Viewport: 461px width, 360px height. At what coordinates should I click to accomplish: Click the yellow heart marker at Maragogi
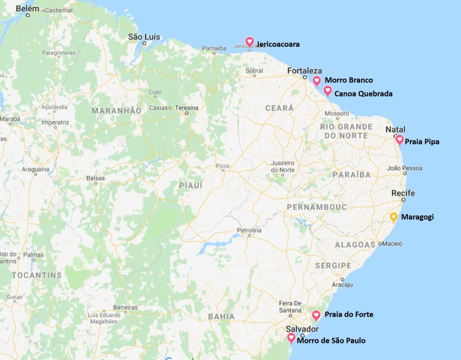coord(394,217)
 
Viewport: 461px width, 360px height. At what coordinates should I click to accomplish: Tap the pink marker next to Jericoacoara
coord(250,41)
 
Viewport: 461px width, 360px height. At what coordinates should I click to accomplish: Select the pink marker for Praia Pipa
coord(399,140)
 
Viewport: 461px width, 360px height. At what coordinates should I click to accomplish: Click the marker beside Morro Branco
coord(317,81)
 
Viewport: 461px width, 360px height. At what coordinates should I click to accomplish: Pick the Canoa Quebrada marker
coord(328,91)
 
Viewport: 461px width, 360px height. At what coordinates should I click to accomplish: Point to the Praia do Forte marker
coord(316,315)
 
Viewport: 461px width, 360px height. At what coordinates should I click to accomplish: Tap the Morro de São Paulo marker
coord(291,338)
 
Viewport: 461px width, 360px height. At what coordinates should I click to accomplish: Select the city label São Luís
coord(144,37)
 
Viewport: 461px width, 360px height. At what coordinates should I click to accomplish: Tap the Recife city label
coord(403,194)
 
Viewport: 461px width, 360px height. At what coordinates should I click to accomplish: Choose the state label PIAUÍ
coord(190,185)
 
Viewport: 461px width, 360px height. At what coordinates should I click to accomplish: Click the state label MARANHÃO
coord(116,110)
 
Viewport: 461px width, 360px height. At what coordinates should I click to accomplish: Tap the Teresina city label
coord(186,107)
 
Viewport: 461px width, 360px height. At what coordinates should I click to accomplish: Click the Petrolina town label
coord(250,231)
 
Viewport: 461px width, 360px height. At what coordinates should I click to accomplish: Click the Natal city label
coord(395,129)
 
